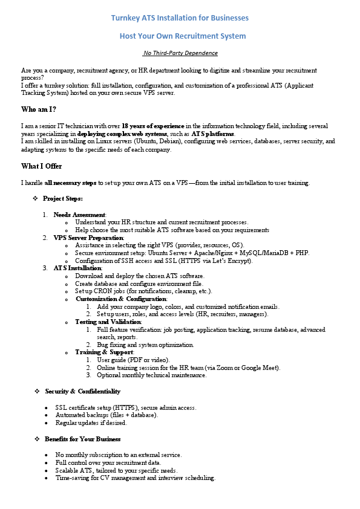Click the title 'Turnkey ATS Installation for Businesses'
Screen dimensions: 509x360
click(180, 18)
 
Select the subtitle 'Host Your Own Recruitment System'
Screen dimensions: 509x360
click(180, 36)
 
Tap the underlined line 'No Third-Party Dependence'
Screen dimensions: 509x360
click(180, 53)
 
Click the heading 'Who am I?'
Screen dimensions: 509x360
click(39, 109)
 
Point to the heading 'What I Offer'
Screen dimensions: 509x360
click(41, 166)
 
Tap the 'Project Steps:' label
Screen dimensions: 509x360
click(63, 199)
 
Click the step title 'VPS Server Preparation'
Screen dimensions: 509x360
click(88, 238)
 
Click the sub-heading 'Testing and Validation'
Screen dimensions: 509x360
click(108, 322)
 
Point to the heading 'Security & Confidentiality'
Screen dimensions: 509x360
click(82, 392)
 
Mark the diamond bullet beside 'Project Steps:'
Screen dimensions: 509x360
click(36, 199)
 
